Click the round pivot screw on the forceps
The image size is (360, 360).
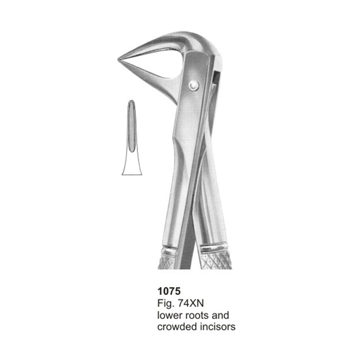pos(194,85)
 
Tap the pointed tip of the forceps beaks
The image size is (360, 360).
pos(118,60)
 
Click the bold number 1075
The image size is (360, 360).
pos(169,291)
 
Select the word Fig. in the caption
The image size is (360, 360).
pos(165,304)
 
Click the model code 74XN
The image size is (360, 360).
pos(191,303)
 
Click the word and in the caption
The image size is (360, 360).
pos(220,315)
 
